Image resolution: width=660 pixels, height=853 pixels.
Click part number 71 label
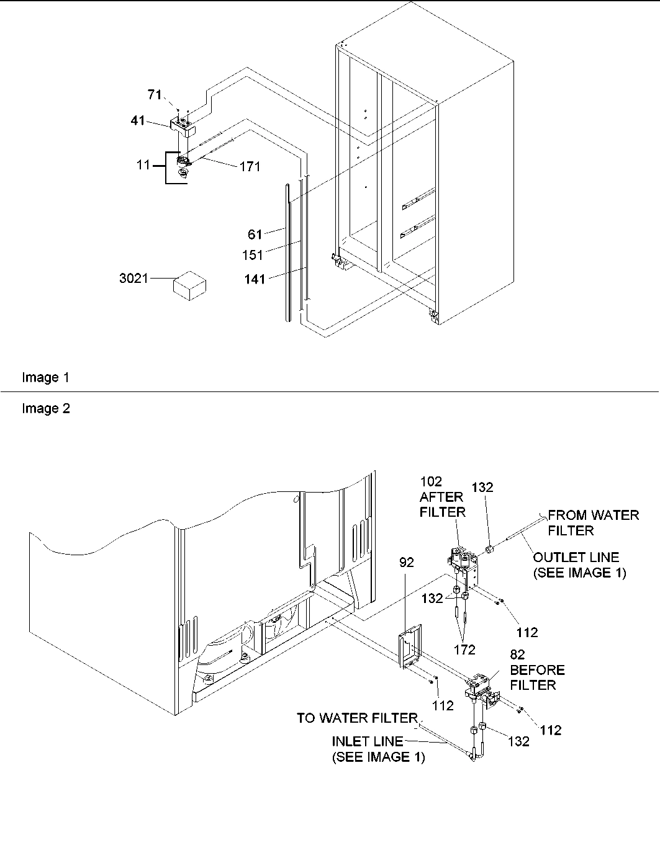(x=154, y=94)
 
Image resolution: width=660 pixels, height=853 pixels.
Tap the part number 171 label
(x=249, y=166)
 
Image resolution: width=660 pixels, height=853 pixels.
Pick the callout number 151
(x=252, y=254)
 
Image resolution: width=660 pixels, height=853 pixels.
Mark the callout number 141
(x=254, y=279)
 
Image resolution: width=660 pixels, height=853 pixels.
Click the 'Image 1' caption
(x=46, y=377)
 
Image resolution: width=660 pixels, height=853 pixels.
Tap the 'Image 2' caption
(x=46, y=408)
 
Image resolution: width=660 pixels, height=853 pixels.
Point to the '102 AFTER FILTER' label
(x=442, y=496)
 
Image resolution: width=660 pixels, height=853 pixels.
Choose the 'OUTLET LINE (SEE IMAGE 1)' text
(x=579, y=565)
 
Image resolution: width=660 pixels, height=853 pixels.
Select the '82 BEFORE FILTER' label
(x=536, y=670)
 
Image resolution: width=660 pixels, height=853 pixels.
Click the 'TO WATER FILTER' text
(x=357, y=718)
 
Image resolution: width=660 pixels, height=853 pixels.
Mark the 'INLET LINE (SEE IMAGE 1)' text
(x=378, y=749)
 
